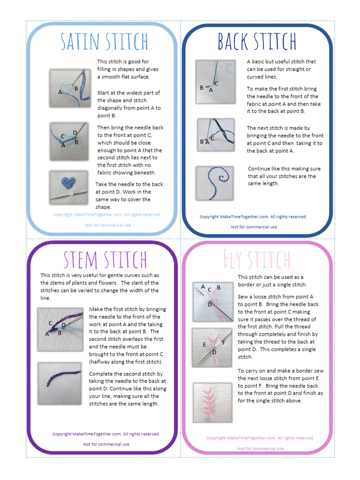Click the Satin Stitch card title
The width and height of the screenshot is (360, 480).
click(x=104, y=42)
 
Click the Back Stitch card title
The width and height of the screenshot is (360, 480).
click(x=256, y=42)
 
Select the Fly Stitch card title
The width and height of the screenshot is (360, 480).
click(x=256, y=260)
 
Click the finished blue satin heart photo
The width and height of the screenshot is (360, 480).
click(x=68, y=187)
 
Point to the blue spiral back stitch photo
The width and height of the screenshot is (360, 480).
click(x=215, y=183)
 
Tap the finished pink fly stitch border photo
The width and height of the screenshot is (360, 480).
click(x=212, y=402)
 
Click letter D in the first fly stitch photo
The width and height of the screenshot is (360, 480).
click(x=210, y=304)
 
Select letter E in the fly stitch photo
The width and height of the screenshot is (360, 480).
click(x=204, y=345)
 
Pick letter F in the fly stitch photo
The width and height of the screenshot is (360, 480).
click(x=224, y=343)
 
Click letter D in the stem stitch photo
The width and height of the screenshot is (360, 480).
click(x=64, y=324)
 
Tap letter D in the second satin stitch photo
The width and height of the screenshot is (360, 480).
click(x=75, y=133)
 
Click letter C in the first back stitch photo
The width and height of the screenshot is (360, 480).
click(x=216, y=83)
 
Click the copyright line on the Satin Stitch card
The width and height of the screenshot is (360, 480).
click(x=107, y=215)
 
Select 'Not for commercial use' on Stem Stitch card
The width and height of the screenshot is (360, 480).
click(x=106, y=444)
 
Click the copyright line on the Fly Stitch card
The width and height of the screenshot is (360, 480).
click(x=260, y=438)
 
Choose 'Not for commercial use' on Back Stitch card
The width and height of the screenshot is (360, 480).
click(x=254, y=227)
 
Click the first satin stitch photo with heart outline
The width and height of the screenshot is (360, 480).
click(x=69, y=88)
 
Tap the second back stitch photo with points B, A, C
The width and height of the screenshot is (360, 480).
click(x=215, y=135)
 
